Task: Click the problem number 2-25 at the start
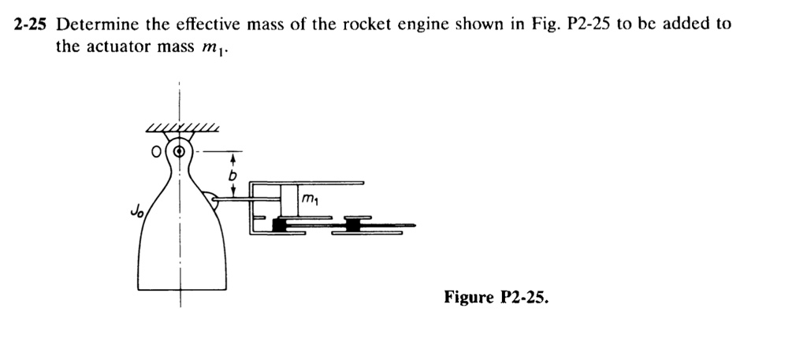click(29, 24)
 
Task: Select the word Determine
click(93, 24)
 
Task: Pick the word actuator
click(119, 46)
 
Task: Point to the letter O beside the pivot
click(158, 150)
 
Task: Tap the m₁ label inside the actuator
click(309, 202)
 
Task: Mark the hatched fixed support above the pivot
click(180, 128)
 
